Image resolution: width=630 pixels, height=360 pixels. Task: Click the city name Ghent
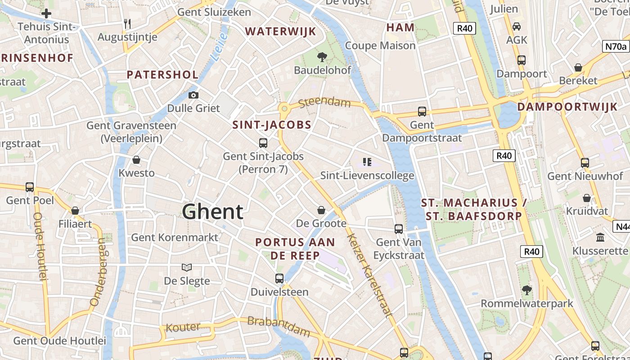point(213,211)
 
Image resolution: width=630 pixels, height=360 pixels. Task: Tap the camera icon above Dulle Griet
point(193,95)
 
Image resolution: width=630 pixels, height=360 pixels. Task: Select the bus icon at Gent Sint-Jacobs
point(263,143)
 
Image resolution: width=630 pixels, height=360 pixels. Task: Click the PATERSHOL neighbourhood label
point(162,75)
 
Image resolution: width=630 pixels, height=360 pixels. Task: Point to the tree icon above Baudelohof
point(322,57)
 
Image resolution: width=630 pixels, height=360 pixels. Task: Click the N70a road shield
point(615,46)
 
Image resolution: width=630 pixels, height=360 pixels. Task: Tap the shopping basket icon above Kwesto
point(136,160)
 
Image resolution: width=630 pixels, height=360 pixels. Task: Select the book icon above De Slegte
point(187,267)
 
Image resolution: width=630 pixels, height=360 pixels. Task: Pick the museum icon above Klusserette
point(600,237)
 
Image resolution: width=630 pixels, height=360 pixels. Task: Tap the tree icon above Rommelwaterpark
point(527,290)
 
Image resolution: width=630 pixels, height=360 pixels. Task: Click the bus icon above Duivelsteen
point(279,279)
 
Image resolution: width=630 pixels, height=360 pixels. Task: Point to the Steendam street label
point(324,102)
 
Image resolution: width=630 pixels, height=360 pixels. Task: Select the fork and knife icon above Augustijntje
point(127,23)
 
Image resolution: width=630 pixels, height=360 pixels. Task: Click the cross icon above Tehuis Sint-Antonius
point(46,13)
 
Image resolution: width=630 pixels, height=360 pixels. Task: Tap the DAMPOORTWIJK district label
point(567,107)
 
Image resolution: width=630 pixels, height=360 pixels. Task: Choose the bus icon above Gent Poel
point(30,187)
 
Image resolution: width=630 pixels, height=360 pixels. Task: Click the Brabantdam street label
point(279,326)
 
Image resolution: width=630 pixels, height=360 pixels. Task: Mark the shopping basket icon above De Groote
point(321,210)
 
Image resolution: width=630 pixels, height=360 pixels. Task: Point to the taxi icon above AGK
point(517,27)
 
